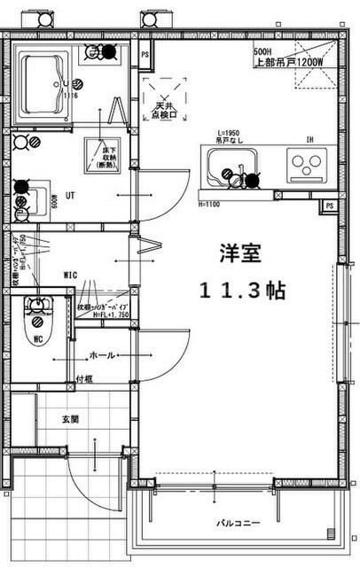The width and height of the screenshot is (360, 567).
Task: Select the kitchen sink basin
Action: click(232, 167)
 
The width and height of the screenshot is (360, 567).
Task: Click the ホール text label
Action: click(101, 355)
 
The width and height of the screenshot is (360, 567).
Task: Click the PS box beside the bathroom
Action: click(145, 55)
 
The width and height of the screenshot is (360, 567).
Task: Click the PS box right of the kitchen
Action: click(329, 206)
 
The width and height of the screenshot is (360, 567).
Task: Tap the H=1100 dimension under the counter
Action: click(209, 205)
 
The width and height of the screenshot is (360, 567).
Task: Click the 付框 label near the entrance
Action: click(84, 379)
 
